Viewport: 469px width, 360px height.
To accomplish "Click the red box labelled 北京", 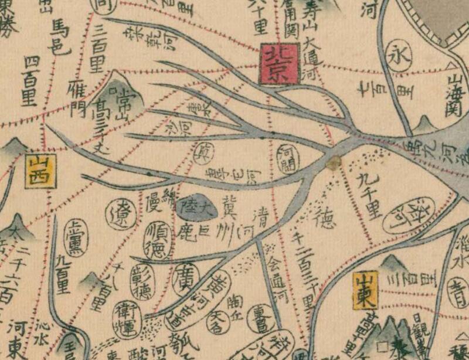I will coord(280,63).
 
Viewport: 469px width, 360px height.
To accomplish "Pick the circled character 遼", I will coord(121,218).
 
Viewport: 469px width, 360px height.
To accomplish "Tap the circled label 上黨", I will coord(76,233).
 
